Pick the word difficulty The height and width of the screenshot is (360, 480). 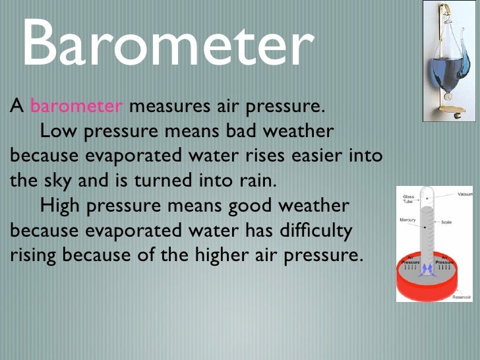pyautogui.click(x=322, y=231)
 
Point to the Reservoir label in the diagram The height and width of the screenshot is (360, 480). pyautogui.click(x=462, y=297)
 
